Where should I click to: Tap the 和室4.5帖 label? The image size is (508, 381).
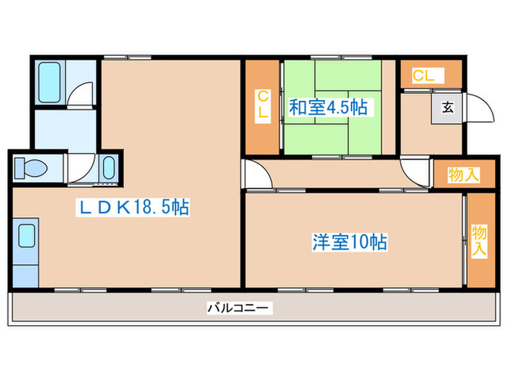(327, 108)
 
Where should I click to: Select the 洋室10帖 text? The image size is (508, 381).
(350, 242)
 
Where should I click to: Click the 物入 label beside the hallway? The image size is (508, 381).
(463, 175)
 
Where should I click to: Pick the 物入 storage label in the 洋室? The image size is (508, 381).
(479, 240)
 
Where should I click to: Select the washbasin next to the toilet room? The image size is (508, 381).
(108, 169)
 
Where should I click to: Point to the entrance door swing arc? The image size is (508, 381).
(476, 110)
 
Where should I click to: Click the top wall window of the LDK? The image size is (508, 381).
(126, 57)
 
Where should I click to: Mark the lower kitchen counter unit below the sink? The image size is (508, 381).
(27, 274)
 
